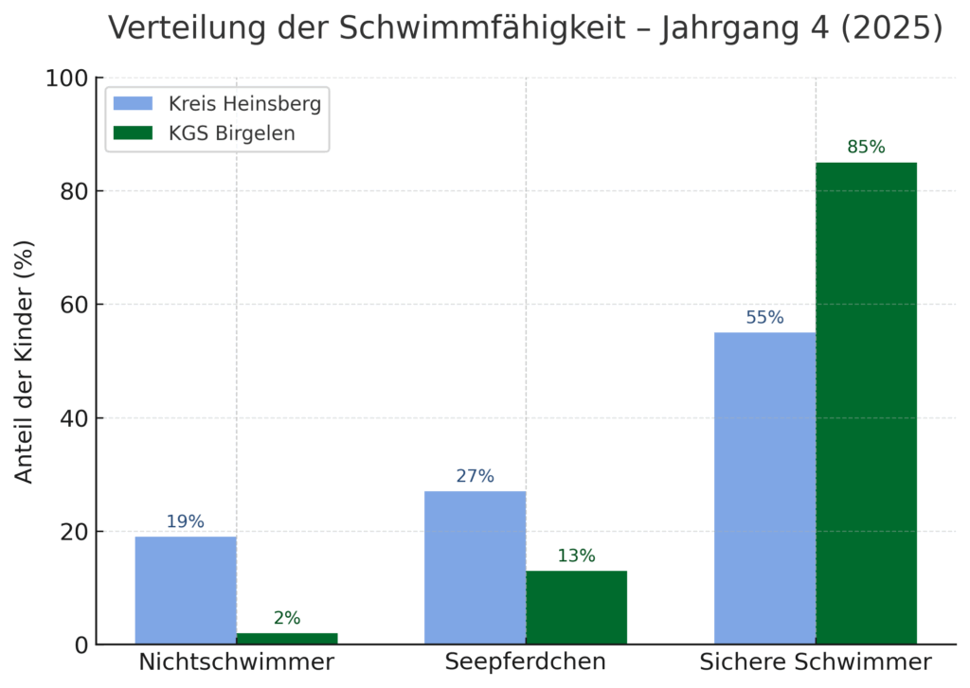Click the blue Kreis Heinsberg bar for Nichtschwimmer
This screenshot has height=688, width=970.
pos(186,591)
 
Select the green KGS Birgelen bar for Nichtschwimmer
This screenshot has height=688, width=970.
pos(287,639)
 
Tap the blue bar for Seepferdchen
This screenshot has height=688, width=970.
pos(475,568)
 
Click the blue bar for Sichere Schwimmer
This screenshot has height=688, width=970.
pos(764,488)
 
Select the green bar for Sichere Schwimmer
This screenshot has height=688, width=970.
pos(866,403)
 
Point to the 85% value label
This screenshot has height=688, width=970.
pos(866,148)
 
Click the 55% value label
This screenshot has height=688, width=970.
pos(764,318)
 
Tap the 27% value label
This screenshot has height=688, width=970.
pos(475,476)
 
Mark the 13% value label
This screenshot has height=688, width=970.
pos(576,556)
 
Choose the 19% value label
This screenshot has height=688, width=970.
pos(186,521)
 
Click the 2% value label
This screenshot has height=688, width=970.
pos(287,619)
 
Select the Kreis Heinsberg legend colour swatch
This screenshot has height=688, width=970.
pos(133,103)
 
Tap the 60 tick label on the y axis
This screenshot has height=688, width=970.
pos(72,305)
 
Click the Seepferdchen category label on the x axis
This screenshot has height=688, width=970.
pos(526,662)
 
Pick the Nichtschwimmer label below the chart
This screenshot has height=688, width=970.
pos(236,662)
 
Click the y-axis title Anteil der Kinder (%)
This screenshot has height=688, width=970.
pos(25,362)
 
